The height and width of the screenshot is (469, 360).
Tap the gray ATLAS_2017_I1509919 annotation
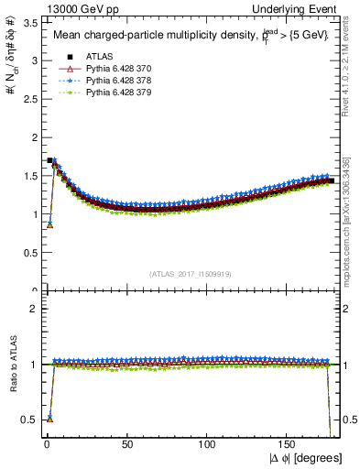(x=190, y=273)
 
